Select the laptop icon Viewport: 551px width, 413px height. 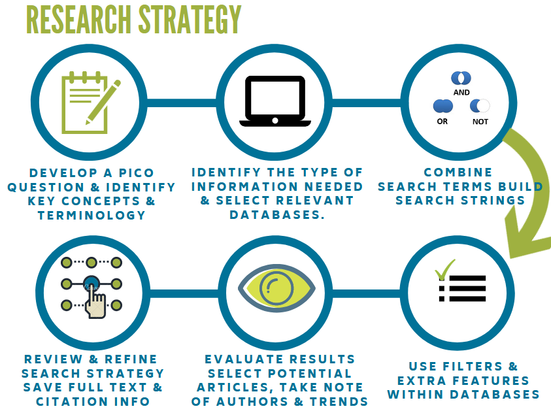coord(275,101)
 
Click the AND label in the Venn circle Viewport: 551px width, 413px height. coord(461,93)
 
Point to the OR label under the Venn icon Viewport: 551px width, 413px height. coord(442,122)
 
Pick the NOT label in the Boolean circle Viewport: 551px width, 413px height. coord(480,122)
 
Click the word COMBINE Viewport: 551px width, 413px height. coord(458,173)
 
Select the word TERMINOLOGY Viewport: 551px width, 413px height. coord(92,215)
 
